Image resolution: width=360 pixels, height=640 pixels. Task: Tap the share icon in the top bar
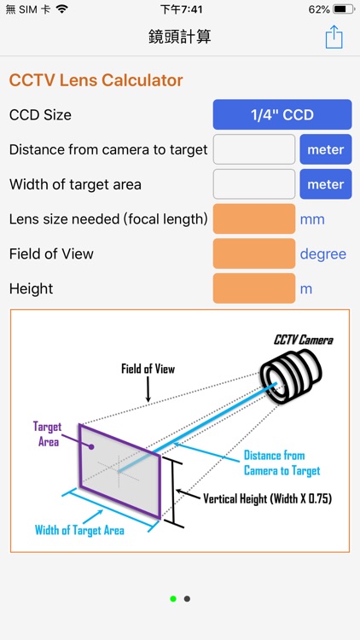click(334, 37)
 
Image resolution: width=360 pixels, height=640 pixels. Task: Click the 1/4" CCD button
click(282, 115)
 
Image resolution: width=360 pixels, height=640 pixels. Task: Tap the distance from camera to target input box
click(253, 149)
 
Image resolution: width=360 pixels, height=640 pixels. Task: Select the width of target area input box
click(253, 184)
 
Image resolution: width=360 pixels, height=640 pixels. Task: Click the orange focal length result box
click(253, 219)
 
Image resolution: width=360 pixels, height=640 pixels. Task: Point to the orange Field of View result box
click(253, 254)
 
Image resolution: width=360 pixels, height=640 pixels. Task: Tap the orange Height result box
click(253, 288)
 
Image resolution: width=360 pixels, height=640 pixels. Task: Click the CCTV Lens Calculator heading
click(96, 80)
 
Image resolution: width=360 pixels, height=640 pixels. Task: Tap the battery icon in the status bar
click(343, 9)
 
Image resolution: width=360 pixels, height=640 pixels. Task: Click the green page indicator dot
click(173, 599)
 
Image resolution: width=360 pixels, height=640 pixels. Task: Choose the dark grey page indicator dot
click(187, 599)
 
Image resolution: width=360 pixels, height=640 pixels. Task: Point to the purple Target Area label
click(47, 433)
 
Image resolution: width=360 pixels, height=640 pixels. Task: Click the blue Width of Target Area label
click(79, 530)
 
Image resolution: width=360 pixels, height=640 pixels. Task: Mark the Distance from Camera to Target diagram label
click(282, 463)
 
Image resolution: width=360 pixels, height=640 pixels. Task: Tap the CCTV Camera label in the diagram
click(303, 340)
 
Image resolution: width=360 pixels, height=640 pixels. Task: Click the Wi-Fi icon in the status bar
click(61, 9)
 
